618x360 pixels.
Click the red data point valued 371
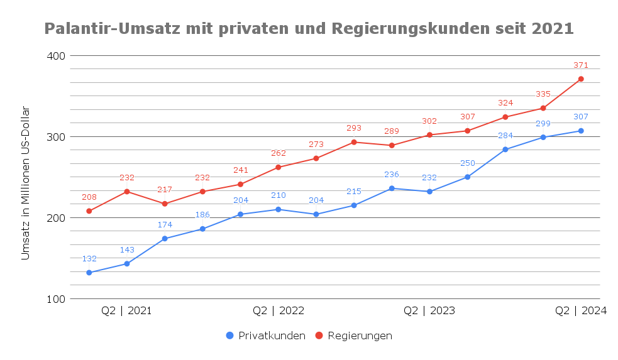coord(581,79)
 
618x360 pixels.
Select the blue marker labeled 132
coord(89,273)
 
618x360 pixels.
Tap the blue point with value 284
coord(505,150)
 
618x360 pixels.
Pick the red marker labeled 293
coord(354,142)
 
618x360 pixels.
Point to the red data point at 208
coord(89,211)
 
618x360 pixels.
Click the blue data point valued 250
coord(468,177)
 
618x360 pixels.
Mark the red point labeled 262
coord(279,167)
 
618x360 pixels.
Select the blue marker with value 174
coord(165,239)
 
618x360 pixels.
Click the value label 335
coord(543,94)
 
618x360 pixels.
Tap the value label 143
coord(127,249)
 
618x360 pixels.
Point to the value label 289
coord(392,131)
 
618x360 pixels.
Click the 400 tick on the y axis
coord(56,56)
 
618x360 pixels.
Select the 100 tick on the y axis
coord(56,299)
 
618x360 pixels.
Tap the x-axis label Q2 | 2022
coord(279,311)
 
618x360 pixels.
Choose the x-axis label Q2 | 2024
coord(581,311)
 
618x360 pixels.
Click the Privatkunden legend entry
coord(266,335)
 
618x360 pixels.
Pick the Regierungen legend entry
coord(354,335)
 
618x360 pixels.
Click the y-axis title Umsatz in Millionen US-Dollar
coord(26,183)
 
